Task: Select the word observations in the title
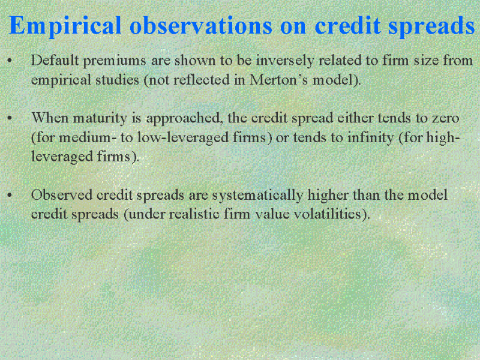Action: click(x=201, y=25)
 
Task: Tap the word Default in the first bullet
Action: click(x=55, y=60)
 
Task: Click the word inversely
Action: click(x=286, y=61)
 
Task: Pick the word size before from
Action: click(x=427, y=60)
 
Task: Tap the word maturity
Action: click(x=100, y=119)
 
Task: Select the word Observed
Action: click(x=62, y=194)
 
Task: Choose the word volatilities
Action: click(x=332, y=214)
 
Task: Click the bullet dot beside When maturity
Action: click(x=10, y=118)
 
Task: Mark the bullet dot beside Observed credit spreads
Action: click(x=10, y=194)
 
